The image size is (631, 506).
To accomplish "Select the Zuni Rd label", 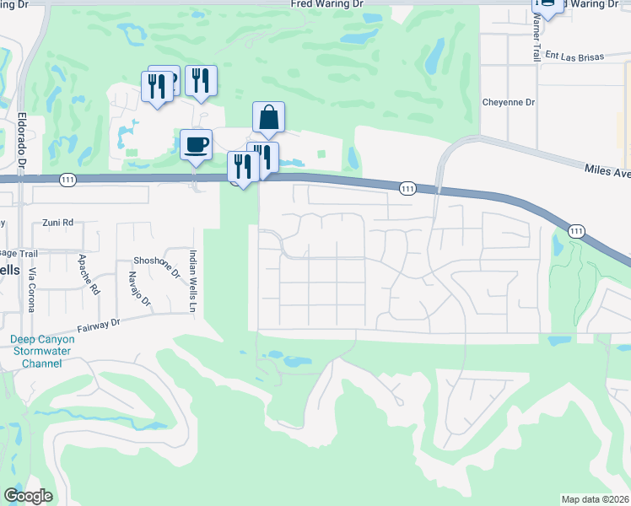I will pyautogui.click(x=58, y=223).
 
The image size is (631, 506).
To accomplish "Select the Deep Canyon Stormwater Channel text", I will pyautogui.click(x=35, y=351).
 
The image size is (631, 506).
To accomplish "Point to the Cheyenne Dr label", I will pyautogui.click(x=509, y=103).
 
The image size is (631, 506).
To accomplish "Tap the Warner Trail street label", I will pyautogui.click(x=536, y=41).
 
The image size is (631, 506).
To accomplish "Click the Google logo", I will pyautogui.click(x=28, y=496).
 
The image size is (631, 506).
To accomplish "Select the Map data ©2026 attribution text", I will pyautogui.click(x=595, y=499).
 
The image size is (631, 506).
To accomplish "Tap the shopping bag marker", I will pyautogui.click(x=268, y=118).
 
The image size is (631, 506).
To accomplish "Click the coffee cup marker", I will pyautogui.click(x=196, y=145).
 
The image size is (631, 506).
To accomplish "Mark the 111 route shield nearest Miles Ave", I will pyautogui.click(x=576, y=230).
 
